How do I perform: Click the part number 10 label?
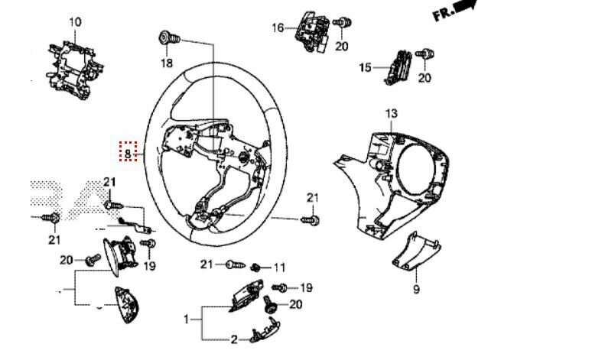click(75, 22)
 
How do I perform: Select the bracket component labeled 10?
click(74, 70)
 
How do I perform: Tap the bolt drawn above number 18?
click(169, 38)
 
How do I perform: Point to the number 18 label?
click(167, 63)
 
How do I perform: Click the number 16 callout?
click(278, 28)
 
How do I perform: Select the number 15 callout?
click(365, 68)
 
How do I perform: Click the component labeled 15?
click(398, 67)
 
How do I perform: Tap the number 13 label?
click(391, 114)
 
